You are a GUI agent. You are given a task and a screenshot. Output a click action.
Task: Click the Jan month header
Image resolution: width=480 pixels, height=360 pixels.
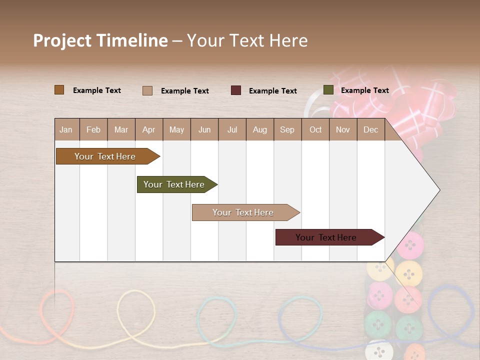click(66, 129)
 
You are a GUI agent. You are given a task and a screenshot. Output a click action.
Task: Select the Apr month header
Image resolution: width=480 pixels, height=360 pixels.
click(148, 129)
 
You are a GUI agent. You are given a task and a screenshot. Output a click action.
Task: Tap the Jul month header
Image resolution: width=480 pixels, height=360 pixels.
click(232, 129)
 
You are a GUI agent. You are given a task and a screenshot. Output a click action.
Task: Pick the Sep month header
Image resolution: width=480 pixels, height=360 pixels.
click(287, 129)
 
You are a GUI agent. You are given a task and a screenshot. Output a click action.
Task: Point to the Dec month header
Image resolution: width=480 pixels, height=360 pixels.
click(370, 129)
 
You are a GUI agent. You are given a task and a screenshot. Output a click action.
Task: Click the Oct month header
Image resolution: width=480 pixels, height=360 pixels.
click(315, 129)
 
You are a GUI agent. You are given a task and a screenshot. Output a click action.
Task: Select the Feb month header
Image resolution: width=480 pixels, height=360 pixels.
click(93, 129)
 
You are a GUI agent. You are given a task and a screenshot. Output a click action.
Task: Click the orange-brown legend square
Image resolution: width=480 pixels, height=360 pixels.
click(59, 90)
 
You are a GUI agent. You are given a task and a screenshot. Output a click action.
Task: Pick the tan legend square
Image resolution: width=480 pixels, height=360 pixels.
click(147, 90)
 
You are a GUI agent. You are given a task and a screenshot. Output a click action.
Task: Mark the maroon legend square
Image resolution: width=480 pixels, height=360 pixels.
click(236, 90)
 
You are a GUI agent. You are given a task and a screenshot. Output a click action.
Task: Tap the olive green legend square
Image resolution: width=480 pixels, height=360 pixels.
click(328, 90)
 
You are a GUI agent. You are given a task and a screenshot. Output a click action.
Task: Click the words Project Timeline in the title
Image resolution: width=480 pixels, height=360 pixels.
click(100, 40)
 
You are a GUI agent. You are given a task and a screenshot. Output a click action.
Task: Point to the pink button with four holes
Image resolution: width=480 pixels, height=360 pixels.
click(410, 245)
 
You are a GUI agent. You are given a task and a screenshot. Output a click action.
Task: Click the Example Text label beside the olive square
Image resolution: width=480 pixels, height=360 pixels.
click(364, 90)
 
